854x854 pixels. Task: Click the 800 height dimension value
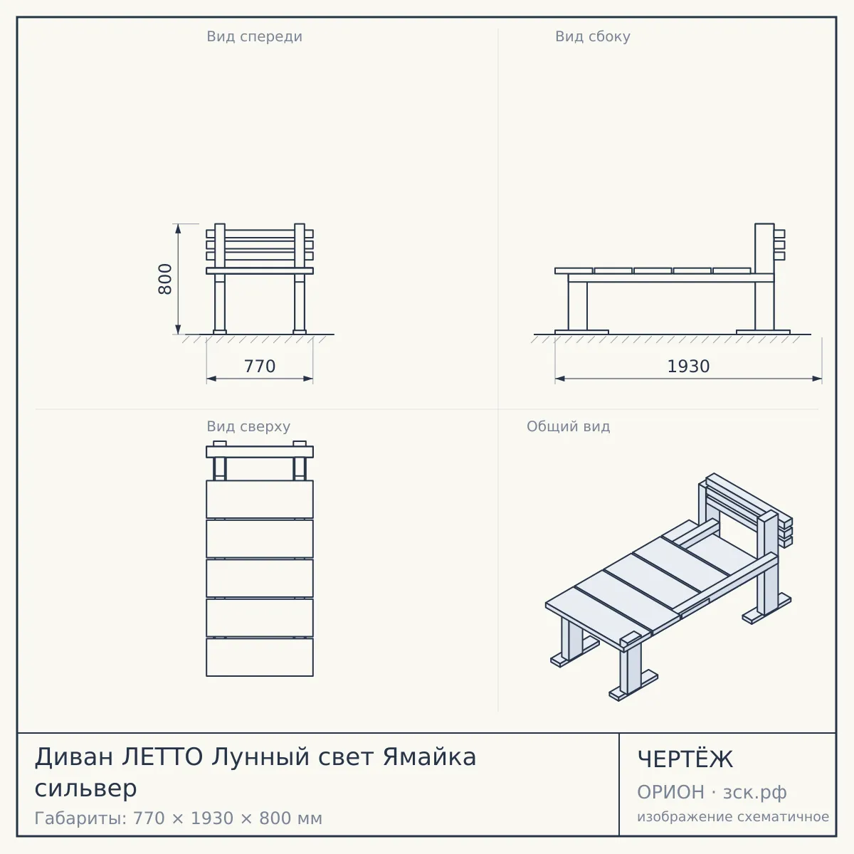pyautogui.click(x=165, y=279)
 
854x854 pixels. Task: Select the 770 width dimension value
pyautogui.click(x=260, y=367)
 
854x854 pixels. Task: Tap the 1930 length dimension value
pyautogui.click(x=688, y=367)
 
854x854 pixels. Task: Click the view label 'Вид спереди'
pyautogui.click(x=254, y=36)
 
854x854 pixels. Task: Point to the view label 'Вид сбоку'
pyautogui.click(x=593, y=36)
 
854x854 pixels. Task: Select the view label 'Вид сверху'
pyautogui.click(x=248, y=426)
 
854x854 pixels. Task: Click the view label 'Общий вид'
pyautogui.click(x=568, y=426)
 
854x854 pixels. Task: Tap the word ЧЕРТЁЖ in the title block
pyautogui.click(x=685, y=759)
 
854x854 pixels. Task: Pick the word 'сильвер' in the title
pyautogui.click(x=86, y=789)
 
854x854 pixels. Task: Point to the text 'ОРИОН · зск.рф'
pyautogui.click(x=712, y=792)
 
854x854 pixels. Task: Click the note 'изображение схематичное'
pyautogui.click(x=733, y=816)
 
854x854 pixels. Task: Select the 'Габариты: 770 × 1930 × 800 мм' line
pyautogui.click(x=178, y=818)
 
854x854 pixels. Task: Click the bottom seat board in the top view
pyautogui.click(x=260, y=658)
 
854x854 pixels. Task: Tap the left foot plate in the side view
pyautogui.click(x=581, y=332)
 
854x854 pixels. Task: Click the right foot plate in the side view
pyautogui.click(x=763, y=332)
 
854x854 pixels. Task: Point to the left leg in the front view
pyautogui.click(x=220, y=304)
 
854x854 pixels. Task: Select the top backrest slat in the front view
pyautogui.click(x=260, y=233)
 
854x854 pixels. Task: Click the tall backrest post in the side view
pyautogui.click(x=764, y=277)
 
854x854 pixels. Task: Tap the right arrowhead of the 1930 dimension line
pyautogui.click(x=817, y=379)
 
